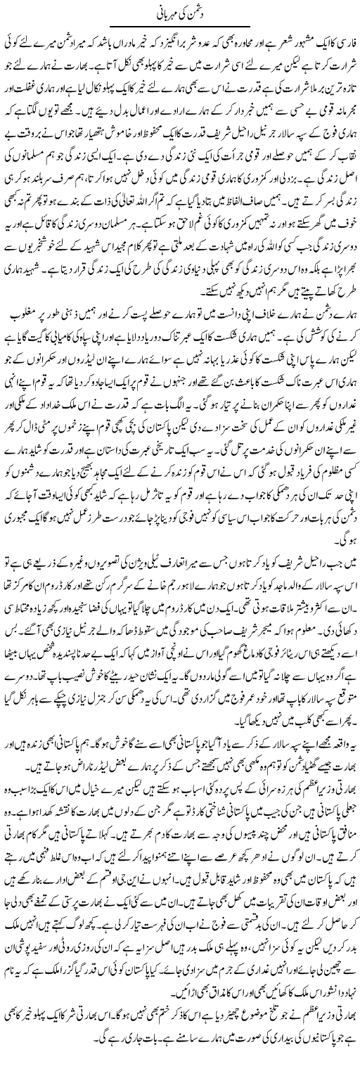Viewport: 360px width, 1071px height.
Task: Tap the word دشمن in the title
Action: pyautogui.click(x=199, y=13)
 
